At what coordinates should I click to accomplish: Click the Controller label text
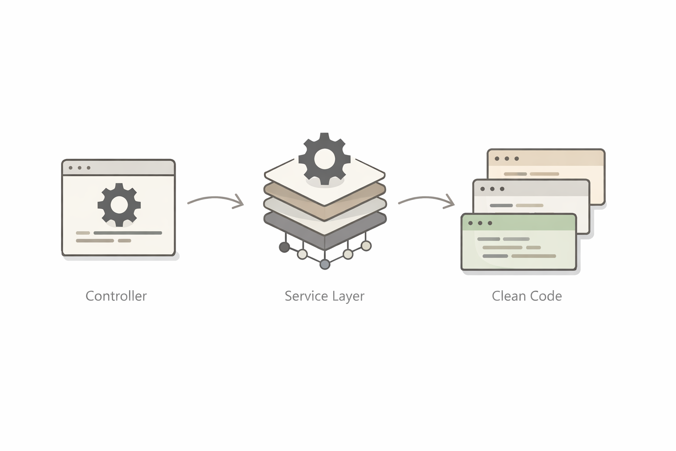[x=116, y=296]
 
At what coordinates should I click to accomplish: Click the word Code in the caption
[x=546, y=296]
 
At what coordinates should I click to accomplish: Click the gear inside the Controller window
[x=119, y=205]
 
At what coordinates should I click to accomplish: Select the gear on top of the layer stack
[x=324, y=158]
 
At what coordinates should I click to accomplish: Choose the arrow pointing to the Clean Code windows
[x=426, y=200]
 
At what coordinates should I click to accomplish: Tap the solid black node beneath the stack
[x=284, y=247]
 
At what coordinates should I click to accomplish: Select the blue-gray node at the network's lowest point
[x=324, y=264]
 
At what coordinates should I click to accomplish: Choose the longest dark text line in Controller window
[x=128, y=233]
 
